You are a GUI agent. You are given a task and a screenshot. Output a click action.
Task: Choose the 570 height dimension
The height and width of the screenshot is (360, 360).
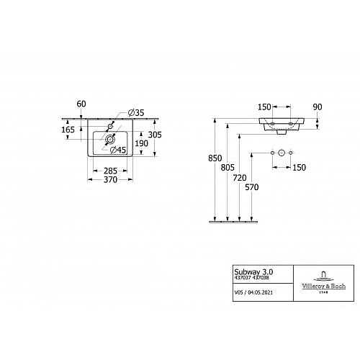point(251,187)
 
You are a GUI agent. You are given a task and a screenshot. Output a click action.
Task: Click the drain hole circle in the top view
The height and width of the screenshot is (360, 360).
point(110,138)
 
